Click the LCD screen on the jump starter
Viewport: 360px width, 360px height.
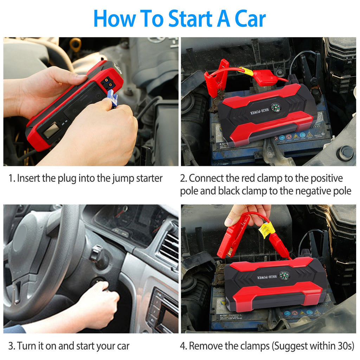[51, 130]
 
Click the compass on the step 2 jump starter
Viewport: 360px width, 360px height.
[275, 107]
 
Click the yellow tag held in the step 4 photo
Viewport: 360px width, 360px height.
[266, 230]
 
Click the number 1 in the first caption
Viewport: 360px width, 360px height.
[10, 178]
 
